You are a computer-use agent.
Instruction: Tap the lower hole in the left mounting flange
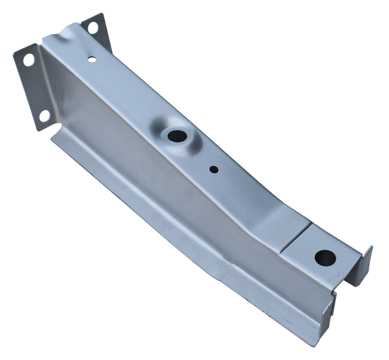(45, 115)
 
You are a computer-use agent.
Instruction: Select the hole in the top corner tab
(94, 29)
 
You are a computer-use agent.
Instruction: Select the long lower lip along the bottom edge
(192, 256)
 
